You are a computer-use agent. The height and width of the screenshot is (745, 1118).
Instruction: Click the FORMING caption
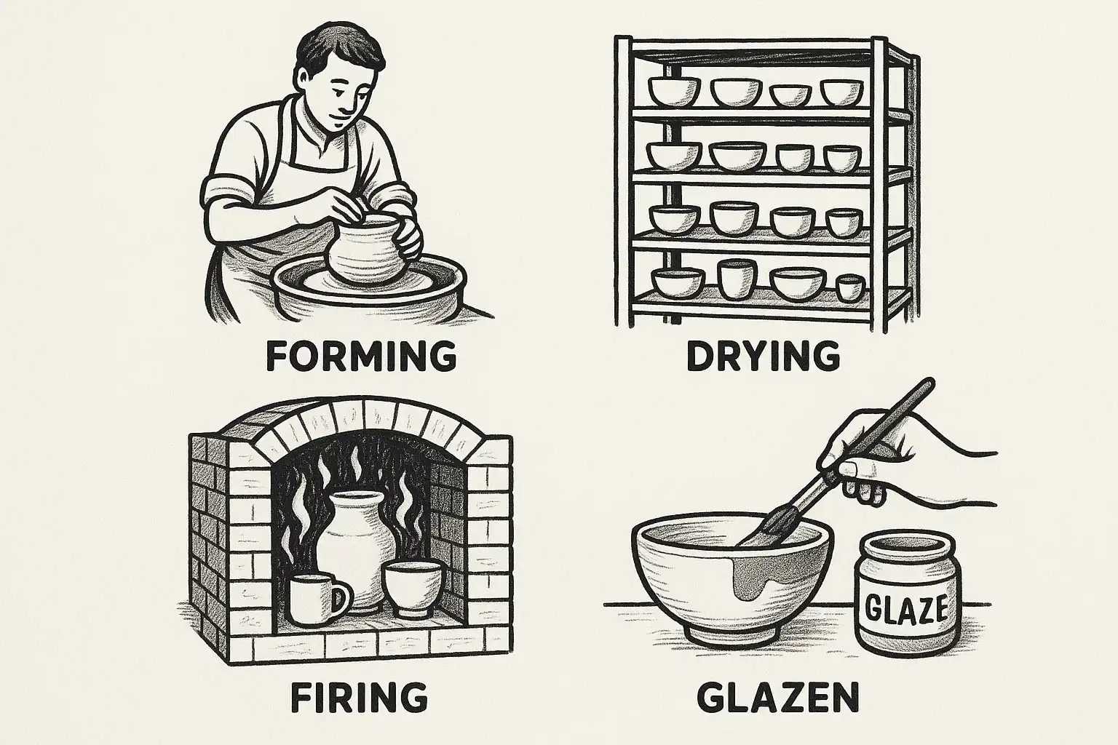pyautogui.click(x=361, y=356)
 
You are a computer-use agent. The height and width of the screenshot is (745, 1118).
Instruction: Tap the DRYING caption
pyautogui.click(x=763, y=356)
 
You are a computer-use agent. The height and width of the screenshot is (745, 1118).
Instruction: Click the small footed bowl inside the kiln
pyautogui.click(x=412, y=589)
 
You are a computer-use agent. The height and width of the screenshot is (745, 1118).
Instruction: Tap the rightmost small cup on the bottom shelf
pyautogui.click(x=849, y=288)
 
